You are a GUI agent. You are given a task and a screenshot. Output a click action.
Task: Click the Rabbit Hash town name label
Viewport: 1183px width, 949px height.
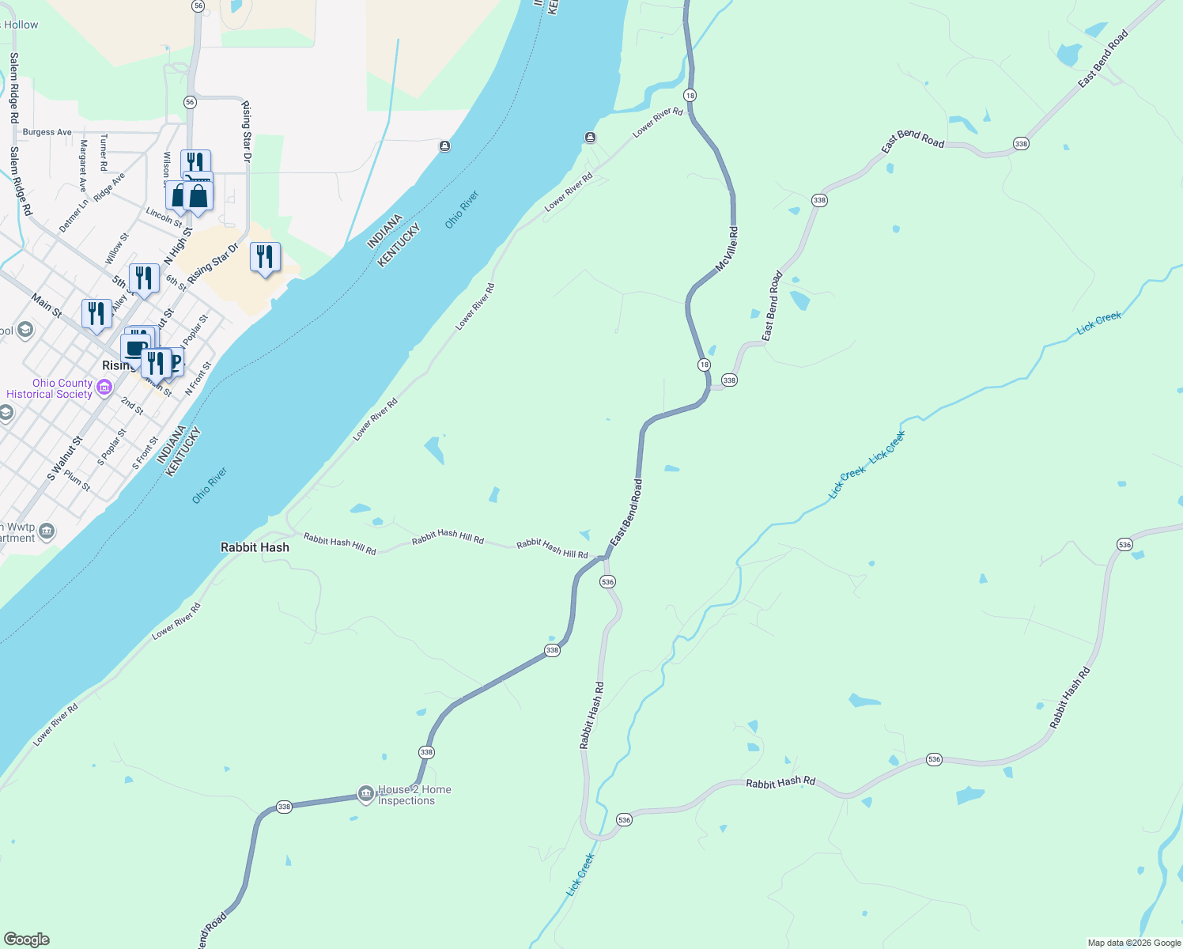tap(255, 547)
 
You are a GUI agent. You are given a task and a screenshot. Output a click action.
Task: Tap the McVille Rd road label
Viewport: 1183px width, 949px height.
tap(727, 251)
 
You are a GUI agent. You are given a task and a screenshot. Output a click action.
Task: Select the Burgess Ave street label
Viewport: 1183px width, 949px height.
tap(47, 132)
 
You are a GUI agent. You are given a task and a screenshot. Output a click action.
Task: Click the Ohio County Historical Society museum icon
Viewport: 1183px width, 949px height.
tap(104, 388)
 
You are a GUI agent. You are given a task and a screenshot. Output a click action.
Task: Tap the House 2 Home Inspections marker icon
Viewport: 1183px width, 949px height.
tap(365, 794)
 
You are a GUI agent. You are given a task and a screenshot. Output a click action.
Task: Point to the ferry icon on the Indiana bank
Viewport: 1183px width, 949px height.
tap(445, 146)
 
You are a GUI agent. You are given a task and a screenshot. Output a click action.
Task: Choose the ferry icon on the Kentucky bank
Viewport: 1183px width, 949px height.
tap(590, 138)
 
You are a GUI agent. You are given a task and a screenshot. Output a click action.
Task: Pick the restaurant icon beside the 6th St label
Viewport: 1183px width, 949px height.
tap(144, 278)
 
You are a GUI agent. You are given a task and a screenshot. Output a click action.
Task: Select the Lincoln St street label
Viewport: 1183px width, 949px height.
tap(164, 217)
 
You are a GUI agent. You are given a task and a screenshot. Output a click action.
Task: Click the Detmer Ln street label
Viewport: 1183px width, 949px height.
tap(74, 215)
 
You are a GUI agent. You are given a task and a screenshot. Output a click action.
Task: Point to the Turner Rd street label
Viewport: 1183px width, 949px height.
tap(104, 153)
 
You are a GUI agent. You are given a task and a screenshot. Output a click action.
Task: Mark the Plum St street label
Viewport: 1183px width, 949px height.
tap(77, 480)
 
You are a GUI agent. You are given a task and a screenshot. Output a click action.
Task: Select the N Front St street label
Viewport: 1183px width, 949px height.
tap(198, 378)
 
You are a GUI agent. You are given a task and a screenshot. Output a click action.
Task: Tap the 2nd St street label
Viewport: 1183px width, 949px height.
tap(132, 406)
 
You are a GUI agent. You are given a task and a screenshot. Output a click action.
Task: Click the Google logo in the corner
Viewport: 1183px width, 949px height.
tap(27, 940)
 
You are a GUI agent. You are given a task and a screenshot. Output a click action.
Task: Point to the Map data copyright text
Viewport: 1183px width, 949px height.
tap(1134, 943)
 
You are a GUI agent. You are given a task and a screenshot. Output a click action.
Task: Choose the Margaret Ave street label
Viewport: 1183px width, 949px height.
tap(82, 166)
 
